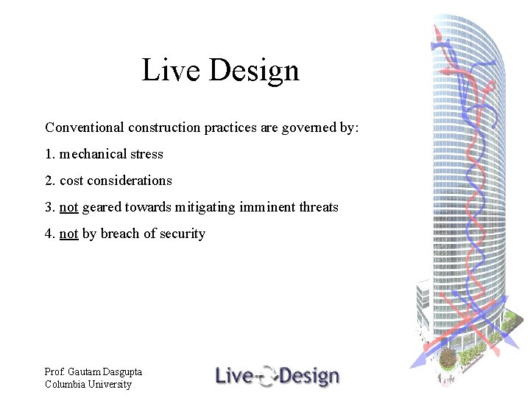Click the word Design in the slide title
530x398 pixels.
254,71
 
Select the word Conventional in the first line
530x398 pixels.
85,128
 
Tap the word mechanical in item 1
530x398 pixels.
93,154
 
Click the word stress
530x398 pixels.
146,154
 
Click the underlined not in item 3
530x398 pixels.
68,207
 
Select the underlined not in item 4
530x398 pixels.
68,234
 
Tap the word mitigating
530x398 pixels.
205,207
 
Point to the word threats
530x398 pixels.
319,207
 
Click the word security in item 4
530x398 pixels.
183,234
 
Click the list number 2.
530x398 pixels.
49,181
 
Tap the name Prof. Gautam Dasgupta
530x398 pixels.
93,372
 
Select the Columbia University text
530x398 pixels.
88,384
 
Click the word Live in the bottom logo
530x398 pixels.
234,376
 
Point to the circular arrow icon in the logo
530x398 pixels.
268,377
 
